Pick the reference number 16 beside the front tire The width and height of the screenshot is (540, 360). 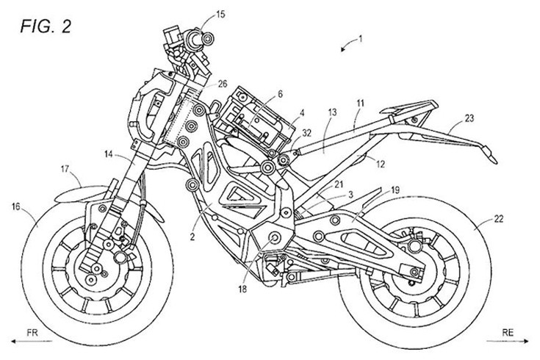pos(16,209)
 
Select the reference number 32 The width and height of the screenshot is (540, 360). pos(307,133)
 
